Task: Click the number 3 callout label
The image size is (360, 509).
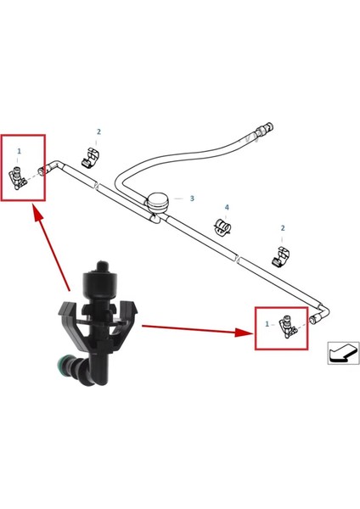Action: click(x=192, y=199)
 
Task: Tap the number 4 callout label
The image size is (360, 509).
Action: click(x=227, y=208)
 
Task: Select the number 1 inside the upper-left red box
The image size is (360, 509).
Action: click(x=19, y=150)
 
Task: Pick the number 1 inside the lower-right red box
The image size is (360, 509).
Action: click(x=267, y=324)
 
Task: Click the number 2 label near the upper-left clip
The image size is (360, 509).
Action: click(x=98, y=132)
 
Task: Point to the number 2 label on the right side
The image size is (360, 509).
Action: click(x=283, y=228)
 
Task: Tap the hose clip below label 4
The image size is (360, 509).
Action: click(x=222, y=227)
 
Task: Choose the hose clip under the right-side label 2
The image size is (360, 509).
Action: click(x=280, y=254)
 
